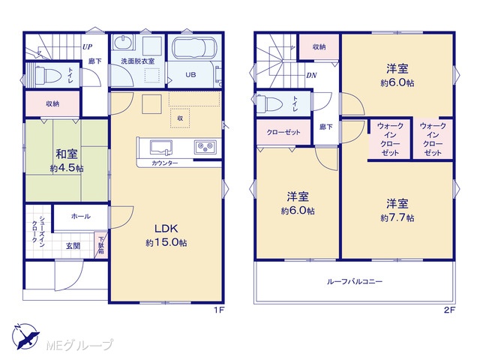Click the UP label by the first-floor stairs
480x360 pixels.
tap(87, 47)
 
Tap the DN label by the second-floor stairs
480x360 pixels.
tap(311, 75)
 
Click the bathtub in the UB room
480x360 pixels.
tap(194, 47)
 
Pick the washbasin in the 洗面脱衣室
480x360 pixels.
tap(124, 42)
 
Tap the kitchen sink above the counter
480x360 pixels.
tap(160, 148)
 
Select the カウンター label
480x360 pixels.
tap(164, 163)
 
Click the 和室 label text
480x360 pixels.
tap(67, 154)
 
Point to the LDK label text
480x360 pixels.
tap(166, 228)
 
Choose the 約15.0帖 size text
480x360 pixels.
tap(166, 243)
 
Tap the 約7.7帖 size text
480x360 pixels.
tap(397, 217)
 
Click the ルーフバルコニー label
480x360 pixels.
tap(355, 281)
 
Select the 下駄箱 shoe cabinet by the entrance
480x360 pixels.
tap(100, 244)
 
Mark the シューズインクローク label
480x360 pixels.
tap(39, 229)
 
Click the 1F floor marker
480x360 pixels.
tap(219, 310)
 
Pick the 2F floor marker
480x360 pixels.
tap(449, 310)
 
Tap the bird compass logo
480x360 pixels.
tap(25, 336)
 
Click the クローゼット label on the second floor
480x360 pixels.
tap(283, 132)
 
